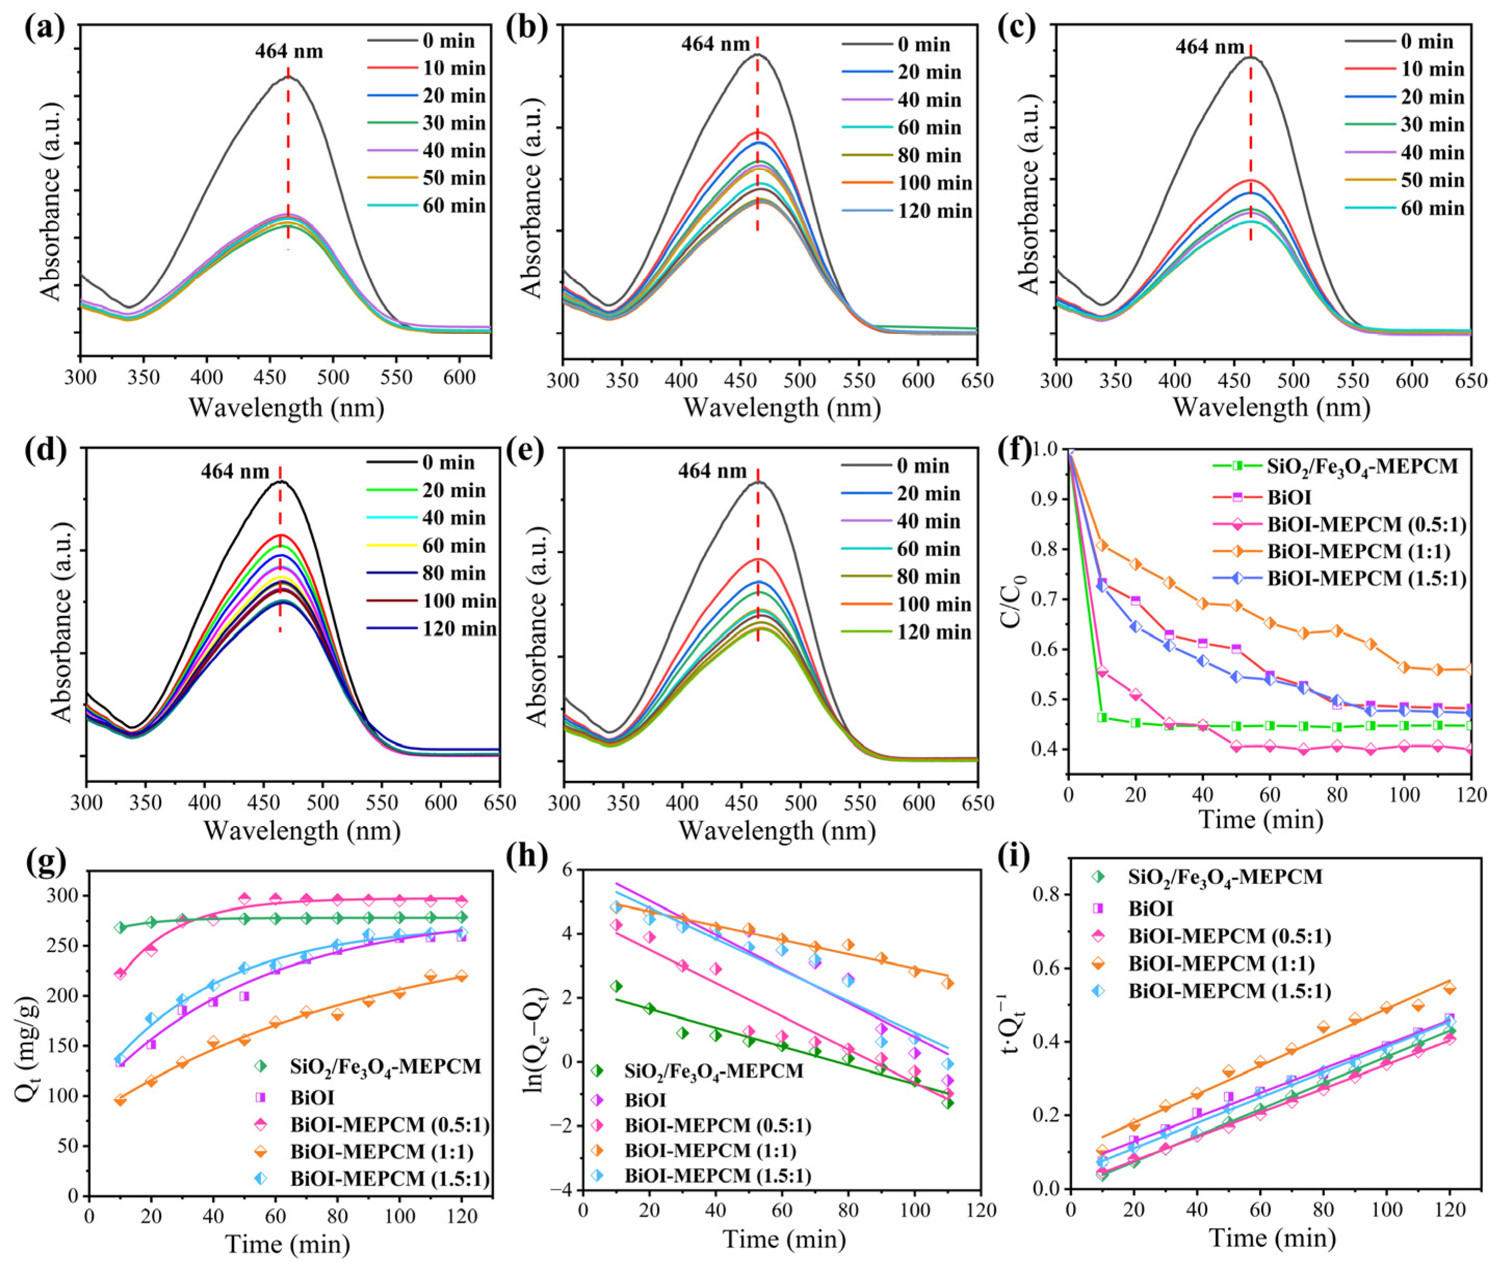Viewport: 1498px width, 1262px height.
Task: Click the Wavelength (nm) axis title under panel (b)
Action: [x=782, y=408]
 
